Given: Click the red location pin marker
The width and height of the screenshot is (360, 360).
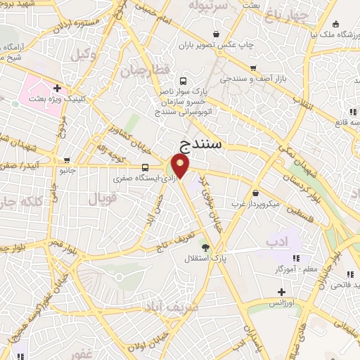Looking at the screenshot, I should pos(181,167).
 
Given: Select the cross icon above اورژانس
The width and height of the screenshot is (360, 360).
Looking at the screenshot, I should pos(281,292).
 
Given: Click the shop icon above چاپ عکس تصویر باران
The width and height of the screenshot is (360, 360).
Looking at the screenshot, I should pos(216,33).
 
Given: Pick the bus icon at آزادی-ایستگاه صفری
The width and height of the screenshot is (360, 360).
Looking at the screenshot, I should pos(145,167).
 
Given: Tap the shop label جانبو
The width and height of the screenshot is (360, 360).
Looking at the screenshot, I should pos(66,169).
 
